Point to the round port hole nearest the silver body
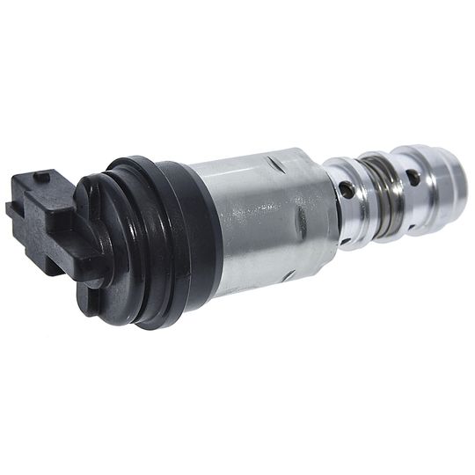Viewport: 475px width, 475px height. pos(348,190)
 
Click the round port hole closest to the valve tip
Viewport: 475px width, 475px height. pos(413,177)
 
